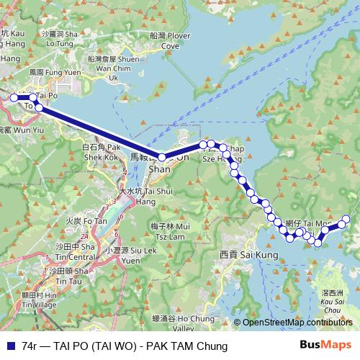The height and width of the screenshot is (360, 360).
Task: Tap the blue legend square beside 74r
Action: point(10,346)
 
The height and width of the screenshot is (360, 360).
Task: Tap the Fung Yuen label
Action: point(50,73)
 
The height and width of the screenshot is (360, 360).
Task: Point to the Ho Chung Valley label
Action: point(182,322)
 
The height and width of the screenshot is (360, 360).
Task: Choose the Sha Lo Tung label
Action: point(60,38)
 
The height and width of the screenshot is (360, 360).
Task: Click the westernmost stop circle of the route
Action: point(14,98)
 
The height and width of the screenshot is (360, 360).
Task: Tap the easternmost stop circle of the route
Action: point(346,219)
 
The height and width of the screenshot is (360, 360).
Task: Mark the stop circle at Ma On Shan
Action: point(162,157)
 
